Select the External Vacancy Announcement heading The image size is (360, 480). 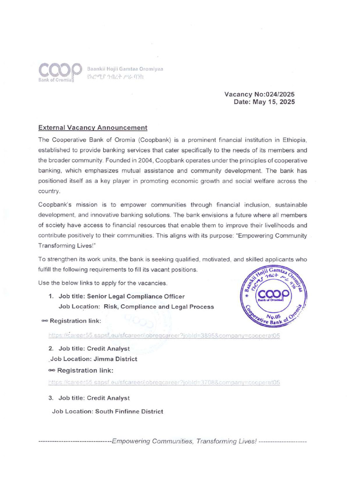[93, 127]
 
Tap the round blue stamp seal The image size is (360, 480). [272, 295]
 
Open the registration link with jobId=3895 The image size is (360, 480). [165, 336]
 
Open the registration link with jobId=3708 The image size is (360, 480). [165, 382]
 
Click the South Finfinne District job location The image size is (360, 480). [129, 412]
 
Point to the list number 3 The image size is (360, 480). [51, 398]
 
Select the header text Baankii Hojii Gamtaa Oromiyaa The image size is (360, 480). [125, 69]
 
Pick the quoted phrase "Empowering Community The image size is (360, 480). [271, 235]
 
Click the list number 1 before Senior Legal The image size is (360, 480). [51, 296]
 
